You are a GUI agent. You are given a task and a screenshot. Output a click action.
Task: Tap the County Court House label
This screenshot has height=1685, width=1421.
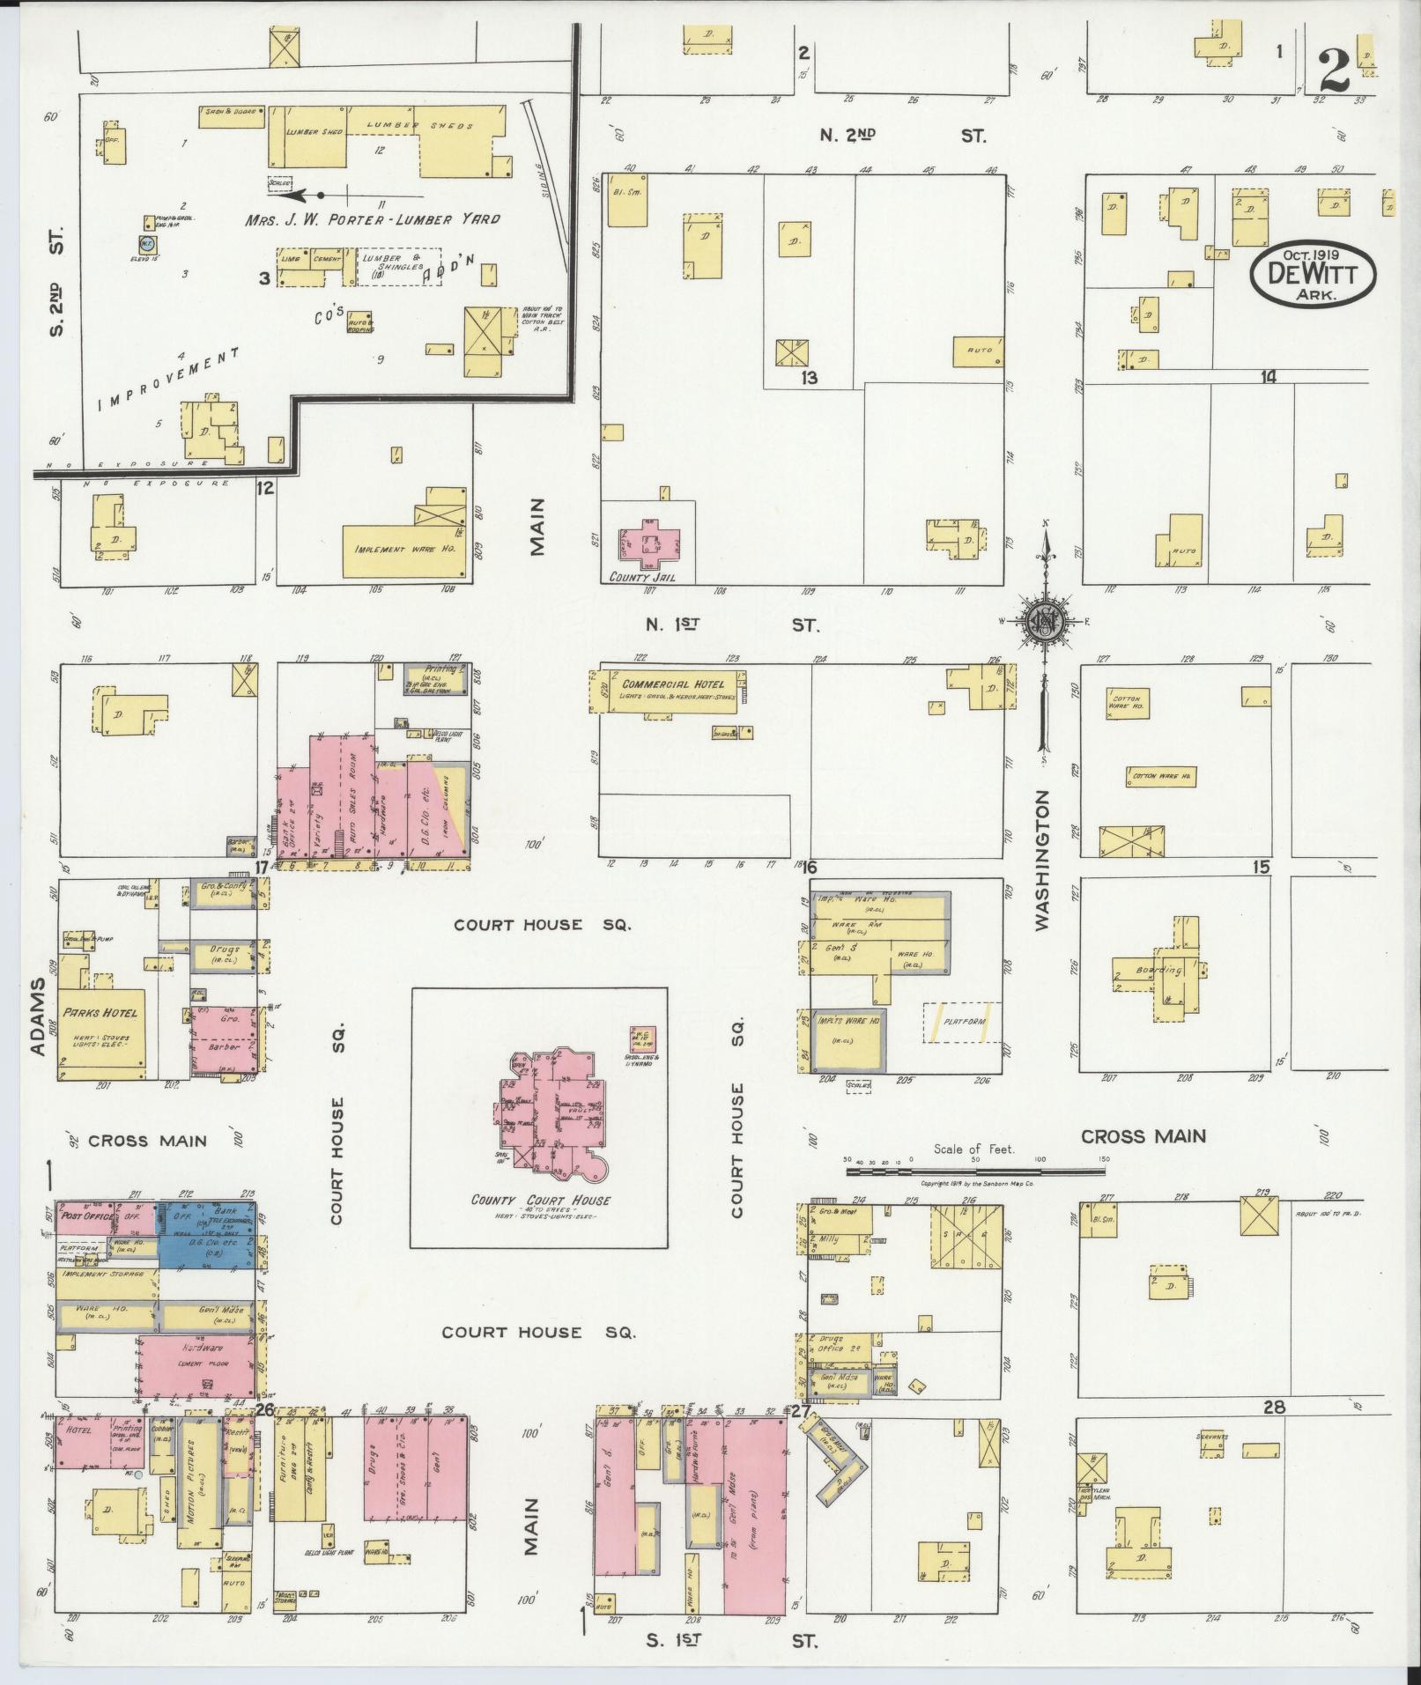540,1201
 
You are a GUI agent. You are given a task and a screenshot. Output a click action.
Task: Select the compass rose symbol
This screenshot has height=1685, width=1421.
1046,621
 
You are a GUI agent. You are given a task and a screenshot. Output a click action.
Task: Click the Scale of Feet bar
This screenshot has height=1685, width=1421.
974,1172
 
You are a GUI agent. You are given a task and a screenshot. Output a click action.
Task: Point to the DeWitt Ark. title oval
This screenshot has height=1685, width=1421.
1312,274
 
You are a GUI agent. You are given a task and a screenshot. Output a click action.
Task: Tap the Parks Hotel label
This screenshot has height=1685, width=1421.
101,1012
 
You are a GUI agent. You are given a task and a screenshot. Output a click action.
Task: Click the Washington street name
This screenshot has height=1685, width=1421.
1043,861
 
